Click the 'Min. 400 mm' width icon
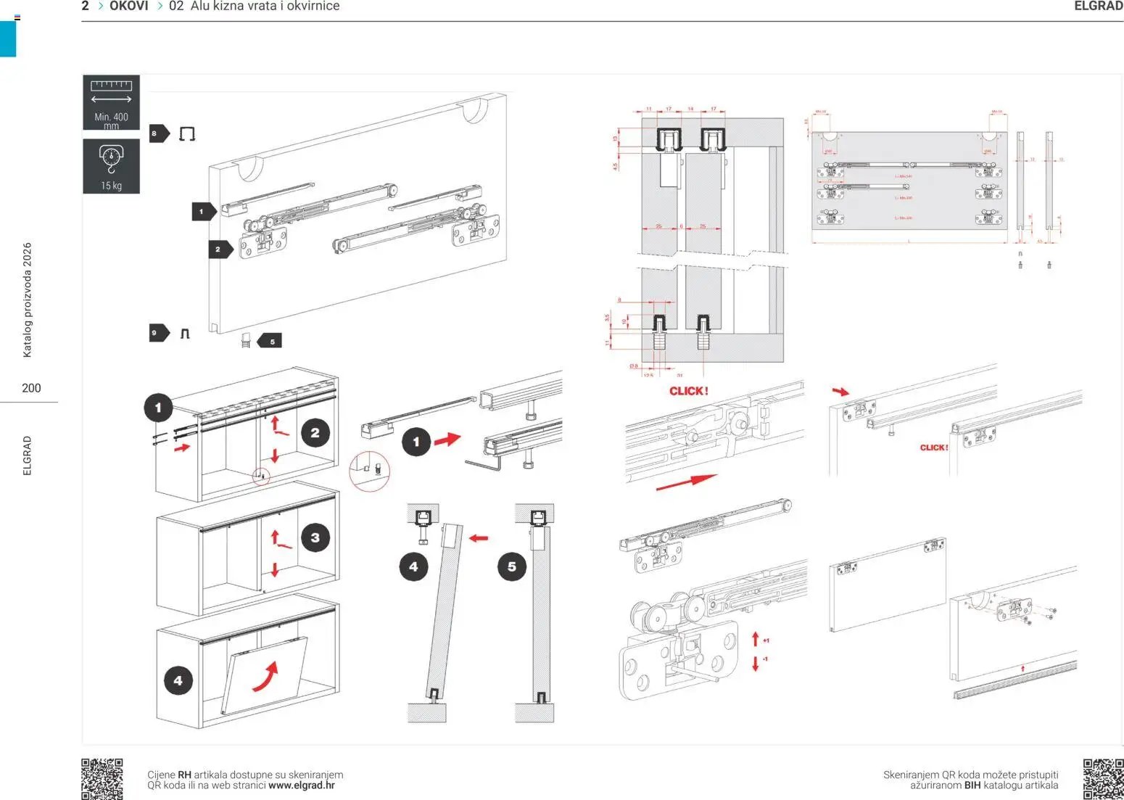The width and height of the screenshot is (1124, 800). tap(111, 102)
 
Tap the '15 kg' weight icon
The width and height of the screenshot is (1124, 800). tap(111, 166)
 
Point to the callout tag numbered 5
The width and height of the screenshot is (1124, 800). tap(270, 341)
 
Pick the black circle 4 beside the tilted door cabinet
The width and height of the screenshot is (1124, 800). tap(178, 680)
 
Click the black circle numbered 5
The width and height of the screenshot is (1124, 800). tap(512, 566)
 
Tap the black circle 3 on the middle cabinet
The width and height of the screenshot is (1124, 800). tap(315, 537)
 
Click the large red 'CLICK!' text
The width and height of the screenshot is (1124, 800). tap(688, 391)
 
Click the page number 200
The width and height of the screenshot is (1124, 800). tap(31, 388)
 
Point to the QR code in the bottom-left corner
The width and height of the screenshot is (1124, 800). tap(102, 779)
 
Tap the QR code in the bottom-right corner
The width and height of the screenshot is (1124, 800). tap(1103, 778)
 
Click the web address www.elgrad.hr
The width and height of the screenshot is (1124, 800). tap(302, 785)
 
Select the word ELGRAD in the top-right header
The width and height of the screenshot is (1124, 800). tap(1098, 7)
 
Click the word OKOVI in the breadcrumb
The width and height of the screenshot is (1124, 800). tap(129, 7)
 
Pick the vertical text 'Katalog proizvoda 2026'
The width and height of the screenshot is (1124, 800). tap(28, 300)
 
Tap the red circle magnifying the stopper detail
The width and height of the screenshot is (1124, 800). tap(370, 471)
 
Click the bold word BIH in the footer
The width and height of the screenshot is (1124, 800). tap(972, 785)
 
